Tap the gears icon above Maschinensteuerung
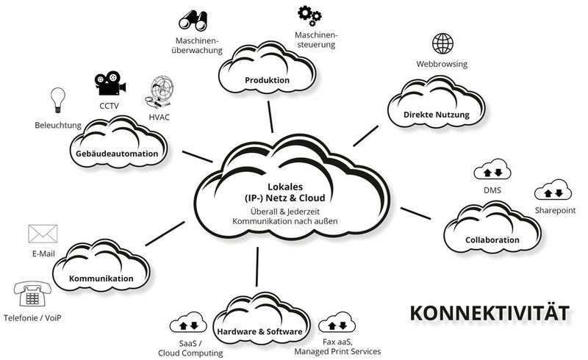309,14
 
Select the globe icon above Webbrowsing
443,43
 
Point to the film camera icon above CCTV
110,83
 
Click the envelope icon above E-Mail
43,234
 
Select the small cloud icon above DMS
492,173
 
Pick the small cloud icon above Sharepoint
553,192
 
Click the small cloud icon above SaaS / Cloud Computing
188,323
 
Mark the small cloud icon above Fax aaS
338,323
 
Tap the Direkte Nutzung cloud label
437,115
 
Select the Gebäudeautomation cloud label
117,154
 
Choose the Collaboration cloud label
492,240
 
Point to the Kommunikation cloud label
101,279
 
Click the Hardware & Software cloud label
259,332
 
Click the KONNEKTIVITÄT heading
489,312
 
